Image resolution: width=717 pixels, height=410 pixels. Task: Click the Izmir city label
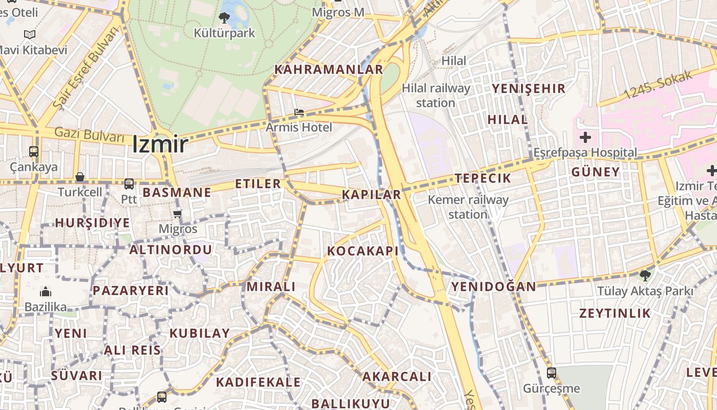click(x=160, y=144)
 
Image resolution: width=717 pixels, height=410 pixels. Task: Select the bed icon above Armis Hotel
click(x=299, y=112)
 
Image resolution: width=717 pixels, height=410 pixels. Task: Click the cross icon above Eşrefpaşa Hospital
click(x=585, y=137)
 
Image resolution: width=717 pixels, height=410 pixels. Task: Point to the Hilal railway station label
click(x=436, y=95)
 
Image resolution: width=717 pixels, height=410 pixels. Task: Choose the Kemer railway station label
click(x=468, y=207)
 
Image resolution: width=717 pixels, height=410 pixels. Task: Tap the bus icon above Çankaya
click(x=34, y=152)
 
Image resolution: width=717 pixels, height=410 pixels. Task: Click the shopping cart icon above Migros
click(x=177, y=214)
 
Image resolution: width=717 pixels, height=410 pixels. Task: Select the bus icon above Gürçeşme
click(x=551, y=373)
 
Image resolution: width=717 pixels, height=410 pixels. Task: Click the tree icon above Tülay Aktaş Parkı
click(x=644, y=276)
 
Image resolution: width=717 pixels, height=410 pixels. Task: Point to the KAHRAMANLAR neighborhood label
click(x=329, y=69)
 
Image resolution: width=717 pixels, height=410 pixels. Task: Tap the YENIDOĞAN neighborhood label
click(x=493, y=286)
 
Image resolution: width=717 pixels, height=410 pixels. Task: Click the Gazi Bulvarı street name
click(x=90, y=136)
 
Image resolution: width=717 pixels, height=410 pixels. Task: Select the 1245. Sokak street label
click(x=658, y=85)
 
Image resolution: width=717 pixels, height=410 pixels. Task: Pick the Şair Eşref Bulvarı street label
click(x=86, y=67)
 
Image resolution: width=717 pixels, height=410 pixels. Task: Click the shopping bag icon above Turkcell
click(x=80, y=177)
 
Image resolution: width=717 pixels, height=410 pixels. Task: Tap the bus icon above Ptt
click(x=129, y=183)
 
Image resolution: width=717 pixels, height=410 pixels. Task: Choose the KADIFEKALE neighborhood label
click(x=258, y=382)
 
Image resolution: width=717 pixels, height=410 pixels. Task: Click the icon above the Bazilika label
click(x=46, y=292)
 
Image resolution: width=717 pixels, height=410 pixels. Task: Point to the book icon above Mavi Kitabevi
click(x=30, y=35)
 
